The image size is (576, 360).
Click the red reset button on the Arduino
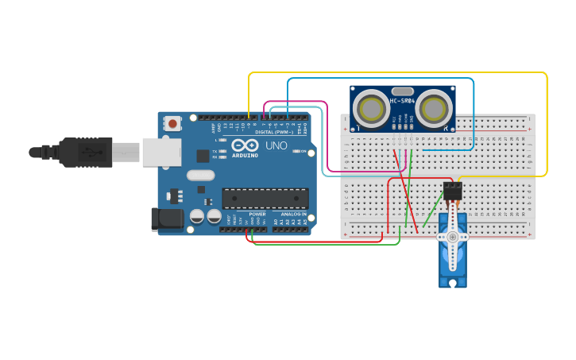coord(172,123)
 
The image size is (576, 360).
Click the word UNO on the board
coord(276,145)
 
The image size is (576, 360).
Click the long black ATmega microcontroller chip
coord(265,199)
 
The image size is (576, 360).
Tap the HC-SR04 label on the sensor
coord(402,101)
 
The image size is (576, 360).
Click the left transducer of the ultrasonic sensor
coord(369,107)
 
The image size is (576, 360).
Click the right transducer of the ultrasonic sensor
coord(435,107)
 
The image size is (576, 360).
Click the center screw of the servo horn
coord(452,237)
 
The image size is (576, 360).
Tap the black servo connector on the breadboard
coord(452,192)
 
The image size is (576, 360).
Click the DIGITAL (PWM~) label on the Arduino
coord(273,131)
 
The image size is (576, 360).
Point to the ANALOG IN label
coord(291,214)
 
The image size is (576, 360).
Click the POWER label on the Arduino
coord(257,214)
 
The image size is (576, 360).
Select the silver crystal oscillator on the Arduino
coord(201,175)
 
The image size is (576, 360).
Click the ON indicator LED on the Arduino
coord(295,151)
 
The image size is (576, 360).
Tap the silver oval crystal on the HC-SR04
coord(403,91)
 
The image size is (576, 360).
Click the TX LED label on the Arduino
coord(216,150)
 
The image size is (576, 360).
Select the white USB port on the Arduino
coord(161,152)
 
